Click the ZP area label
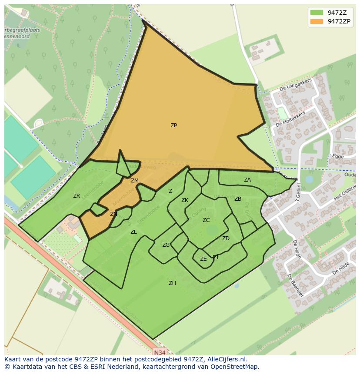[x=173, y=126]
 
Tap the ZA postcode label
[x=247, y=180]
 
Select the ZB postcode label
[x=238, y=199]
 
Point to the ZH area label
[x=172, y=283]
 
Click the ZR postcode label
[x=77, y=196]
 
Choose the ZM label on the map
[x=135, y=181]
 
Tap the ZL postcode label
[x=133, y=232]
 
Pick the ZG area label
[x=166, y=245]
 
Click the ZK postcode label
[x=185, y=200]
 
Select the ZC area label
[x=206, y=220]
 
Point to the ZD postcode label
[x=226, y=238]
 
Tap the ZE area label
[x=203, y=259]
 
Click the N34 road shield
[x=160, y=352]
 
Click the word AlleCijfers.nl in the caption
[x=226, y=359]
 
